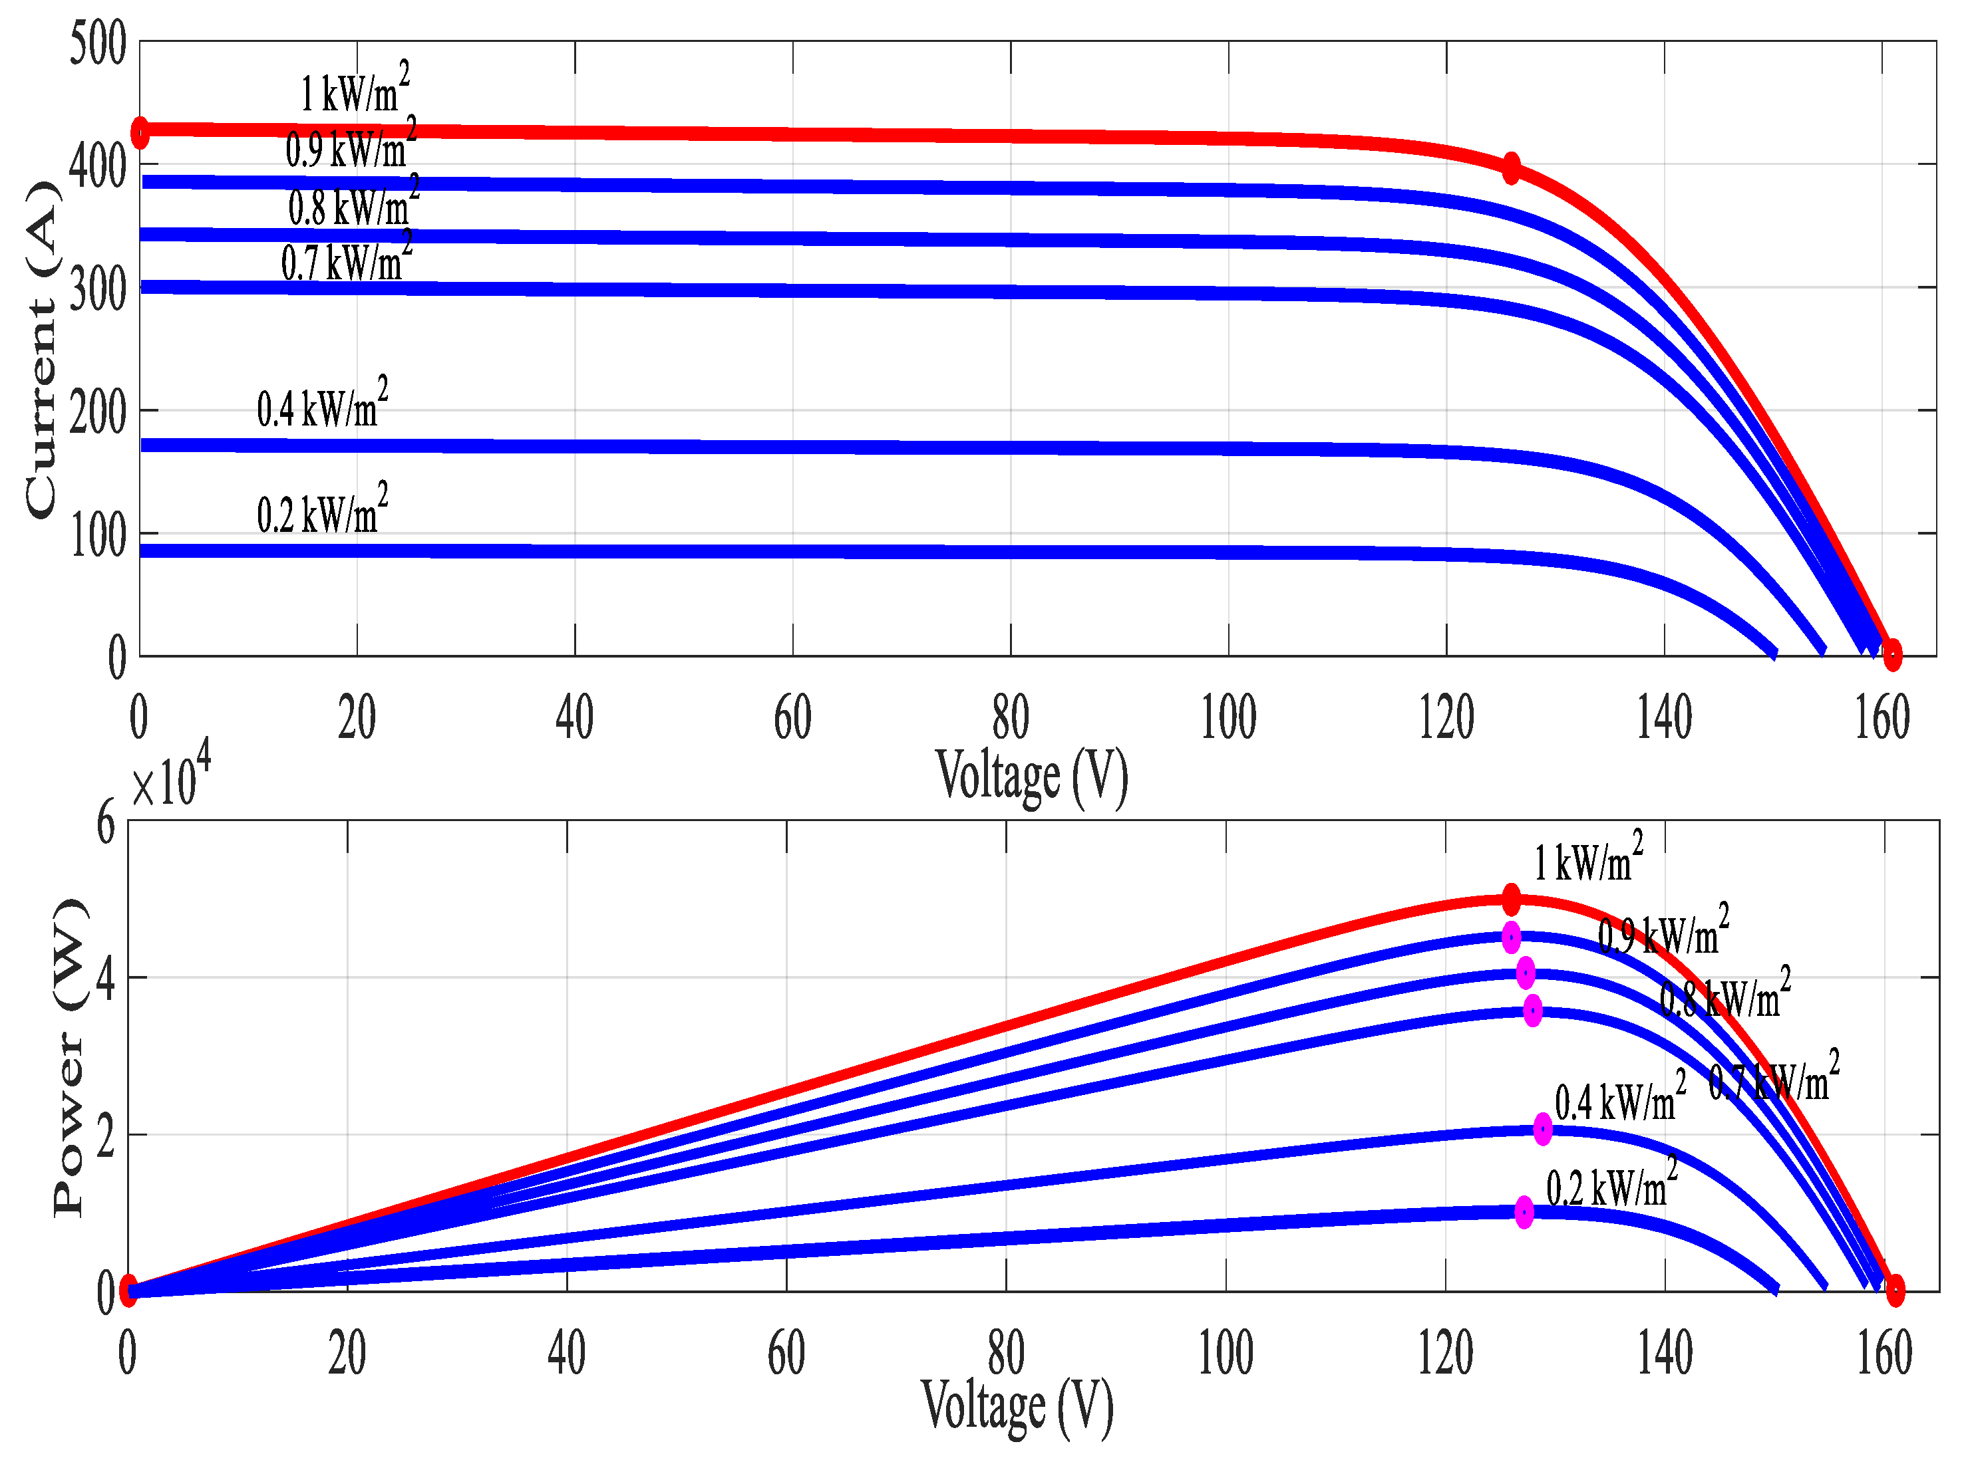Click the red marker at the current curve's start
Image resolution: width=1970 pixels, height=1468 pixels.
click(x=140, y=132)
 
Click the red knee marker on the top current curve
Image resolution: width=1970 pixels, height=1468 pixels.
click(x=1510, y=167)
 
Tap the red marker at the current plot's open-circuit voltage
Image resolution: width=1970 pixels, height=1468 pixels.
click(x=1891, y=655)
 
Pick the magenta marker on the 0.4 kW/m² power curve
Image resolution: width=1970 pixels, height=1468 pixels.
click(x=1542, y=1128)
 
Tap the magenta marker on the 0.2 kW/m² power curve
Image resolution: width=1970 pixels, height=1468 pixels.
click(x=1524, y=1211)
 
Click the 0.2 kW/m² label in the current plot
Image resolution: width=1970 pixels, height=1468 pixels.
click(x=322, y=511)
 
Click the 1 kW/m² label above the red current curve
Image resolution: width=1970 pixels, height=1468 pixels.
click(x=355, y=90)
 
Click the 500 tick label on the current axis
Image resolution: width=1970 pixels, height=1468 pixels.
click(x=98, y=45)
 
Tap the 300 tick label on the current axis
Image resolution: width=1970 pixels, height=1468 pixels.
click(x=98, y=291)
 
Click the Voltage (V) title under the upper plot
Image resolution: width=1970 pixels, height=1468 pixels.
click(x=1031, y=777)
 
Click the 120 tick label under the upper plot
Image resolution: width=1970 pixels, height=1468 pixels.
click(x=1446, y=719)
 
